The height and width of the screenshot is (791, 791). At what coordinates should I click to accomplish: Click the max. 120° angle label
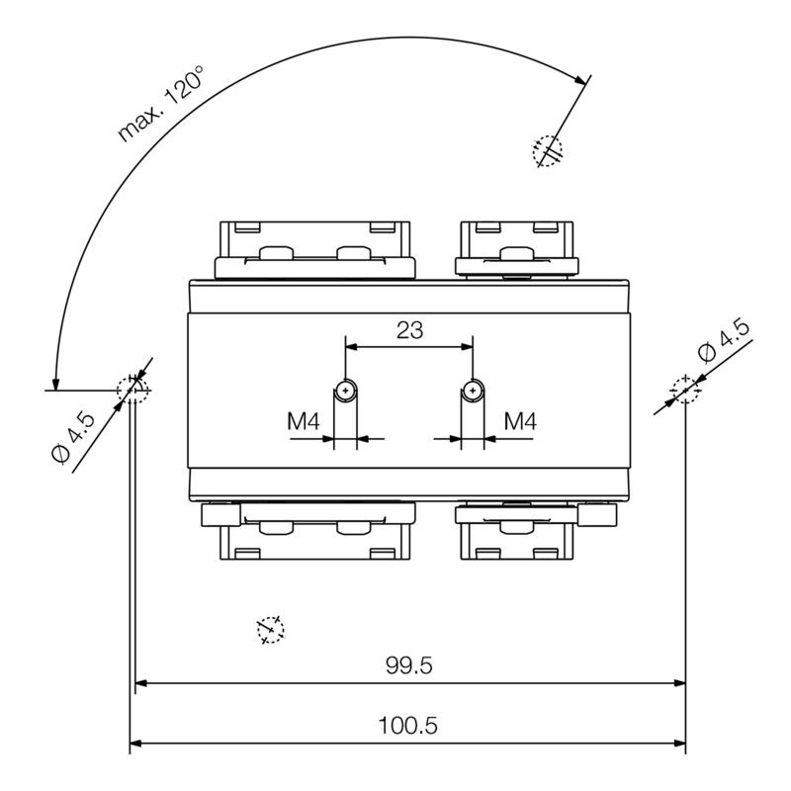(x=161, y=104)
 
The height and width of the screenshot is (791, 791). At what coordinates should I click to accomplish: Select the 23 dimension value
(x=409, y=330)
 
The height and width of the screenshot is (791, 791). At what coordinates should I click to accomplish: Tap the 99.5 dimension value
(x=409, y=665)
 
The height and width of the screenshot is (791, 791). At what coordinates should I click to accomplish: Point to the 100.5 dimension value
(x=408, y=726)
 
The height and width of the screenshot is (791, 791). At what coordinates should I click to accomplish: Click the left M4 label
(x=305, y=421)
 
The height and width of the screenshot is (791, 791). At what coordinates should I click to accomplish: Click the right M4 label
(x=520, y=421)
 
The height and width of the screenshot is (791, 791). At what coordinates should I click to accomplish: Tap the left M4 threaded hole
(x=344, y=392)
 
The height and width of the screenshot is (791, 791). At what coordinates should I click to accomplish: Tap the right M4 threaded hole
(x=474, y=392)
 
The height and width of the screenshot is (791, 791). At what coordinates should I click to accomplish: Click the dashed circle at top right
(x=547, y=150)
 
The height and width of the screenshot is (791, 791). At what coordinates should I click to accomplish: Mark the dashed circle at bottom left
(x=270, y=629)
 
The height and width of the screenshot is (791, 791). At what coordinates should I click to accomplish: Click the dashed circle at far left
(x=133, y=391)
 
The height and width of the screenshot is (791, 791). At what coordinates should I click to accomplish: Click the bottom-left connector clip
(x=314, y=533)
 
